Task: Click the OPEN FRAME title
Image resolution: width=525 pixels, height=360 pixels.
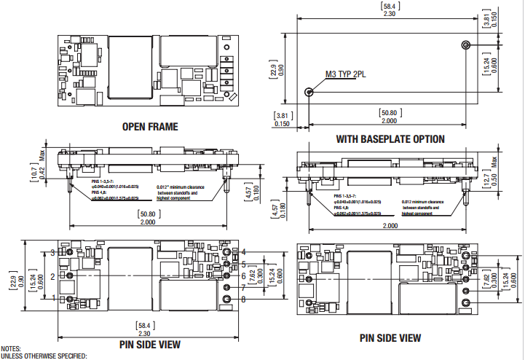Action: pyautogui.click(x=150, y=126)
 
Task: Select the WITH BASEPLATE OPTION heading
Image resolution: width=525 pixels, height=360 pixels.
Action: pyautogui.click(x=390, y=138)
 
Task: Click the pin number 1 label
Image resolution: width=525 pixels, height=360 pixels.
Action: pyautogui.click(x=52, y=297)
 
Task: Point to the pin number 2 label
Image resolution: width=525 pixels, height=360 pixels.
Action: pyautogui.click(x=52, y=276)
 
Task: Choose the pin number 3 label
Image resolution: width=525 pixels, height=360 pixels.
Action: pyautogui.click(x=52, y=252)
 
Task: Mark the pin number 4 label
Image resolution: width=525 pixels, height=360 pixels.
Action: pyautogui.click(x=244, y=252)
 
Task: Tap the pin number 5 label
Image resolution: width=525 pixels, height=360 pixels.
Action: pyautogui.click(x=244, y=264)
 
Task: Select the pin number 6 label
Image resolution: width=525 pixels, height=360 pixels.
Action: pyautogui.click(x=244, y=275)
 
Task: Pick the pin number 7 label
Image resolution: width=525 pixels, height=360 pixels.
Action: pyautogui.click(x=244, y=287)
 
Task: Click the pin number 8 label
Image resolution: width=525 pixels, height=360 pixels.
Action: pyautogui.click(x=244, y=299)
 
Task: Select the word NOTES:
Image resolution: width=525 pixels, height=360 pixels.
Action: pyautogui.click(x=12, y=349)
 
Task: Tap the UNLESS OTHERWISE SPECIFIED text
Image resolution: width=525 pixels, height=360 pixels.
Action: pyautogui.click(x=44, y=356)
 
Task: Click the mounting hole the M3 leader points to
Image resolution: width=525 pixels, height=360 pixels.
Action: pyautogui.click(x=309, y=92)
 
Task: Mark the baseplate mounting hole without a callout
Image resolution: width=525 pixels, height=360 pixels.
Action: pyautogui.click(x=465, y=45)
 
